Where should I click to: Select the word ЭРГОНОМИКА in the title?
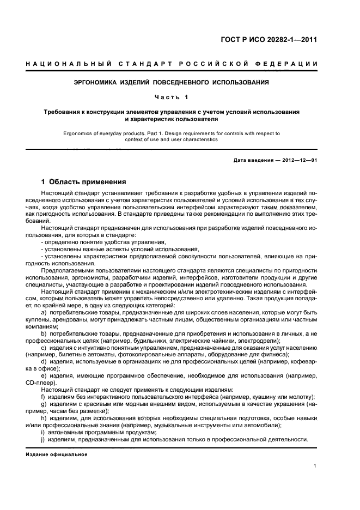[99, 83]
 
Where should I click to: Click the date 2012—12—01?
[298, 160]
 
